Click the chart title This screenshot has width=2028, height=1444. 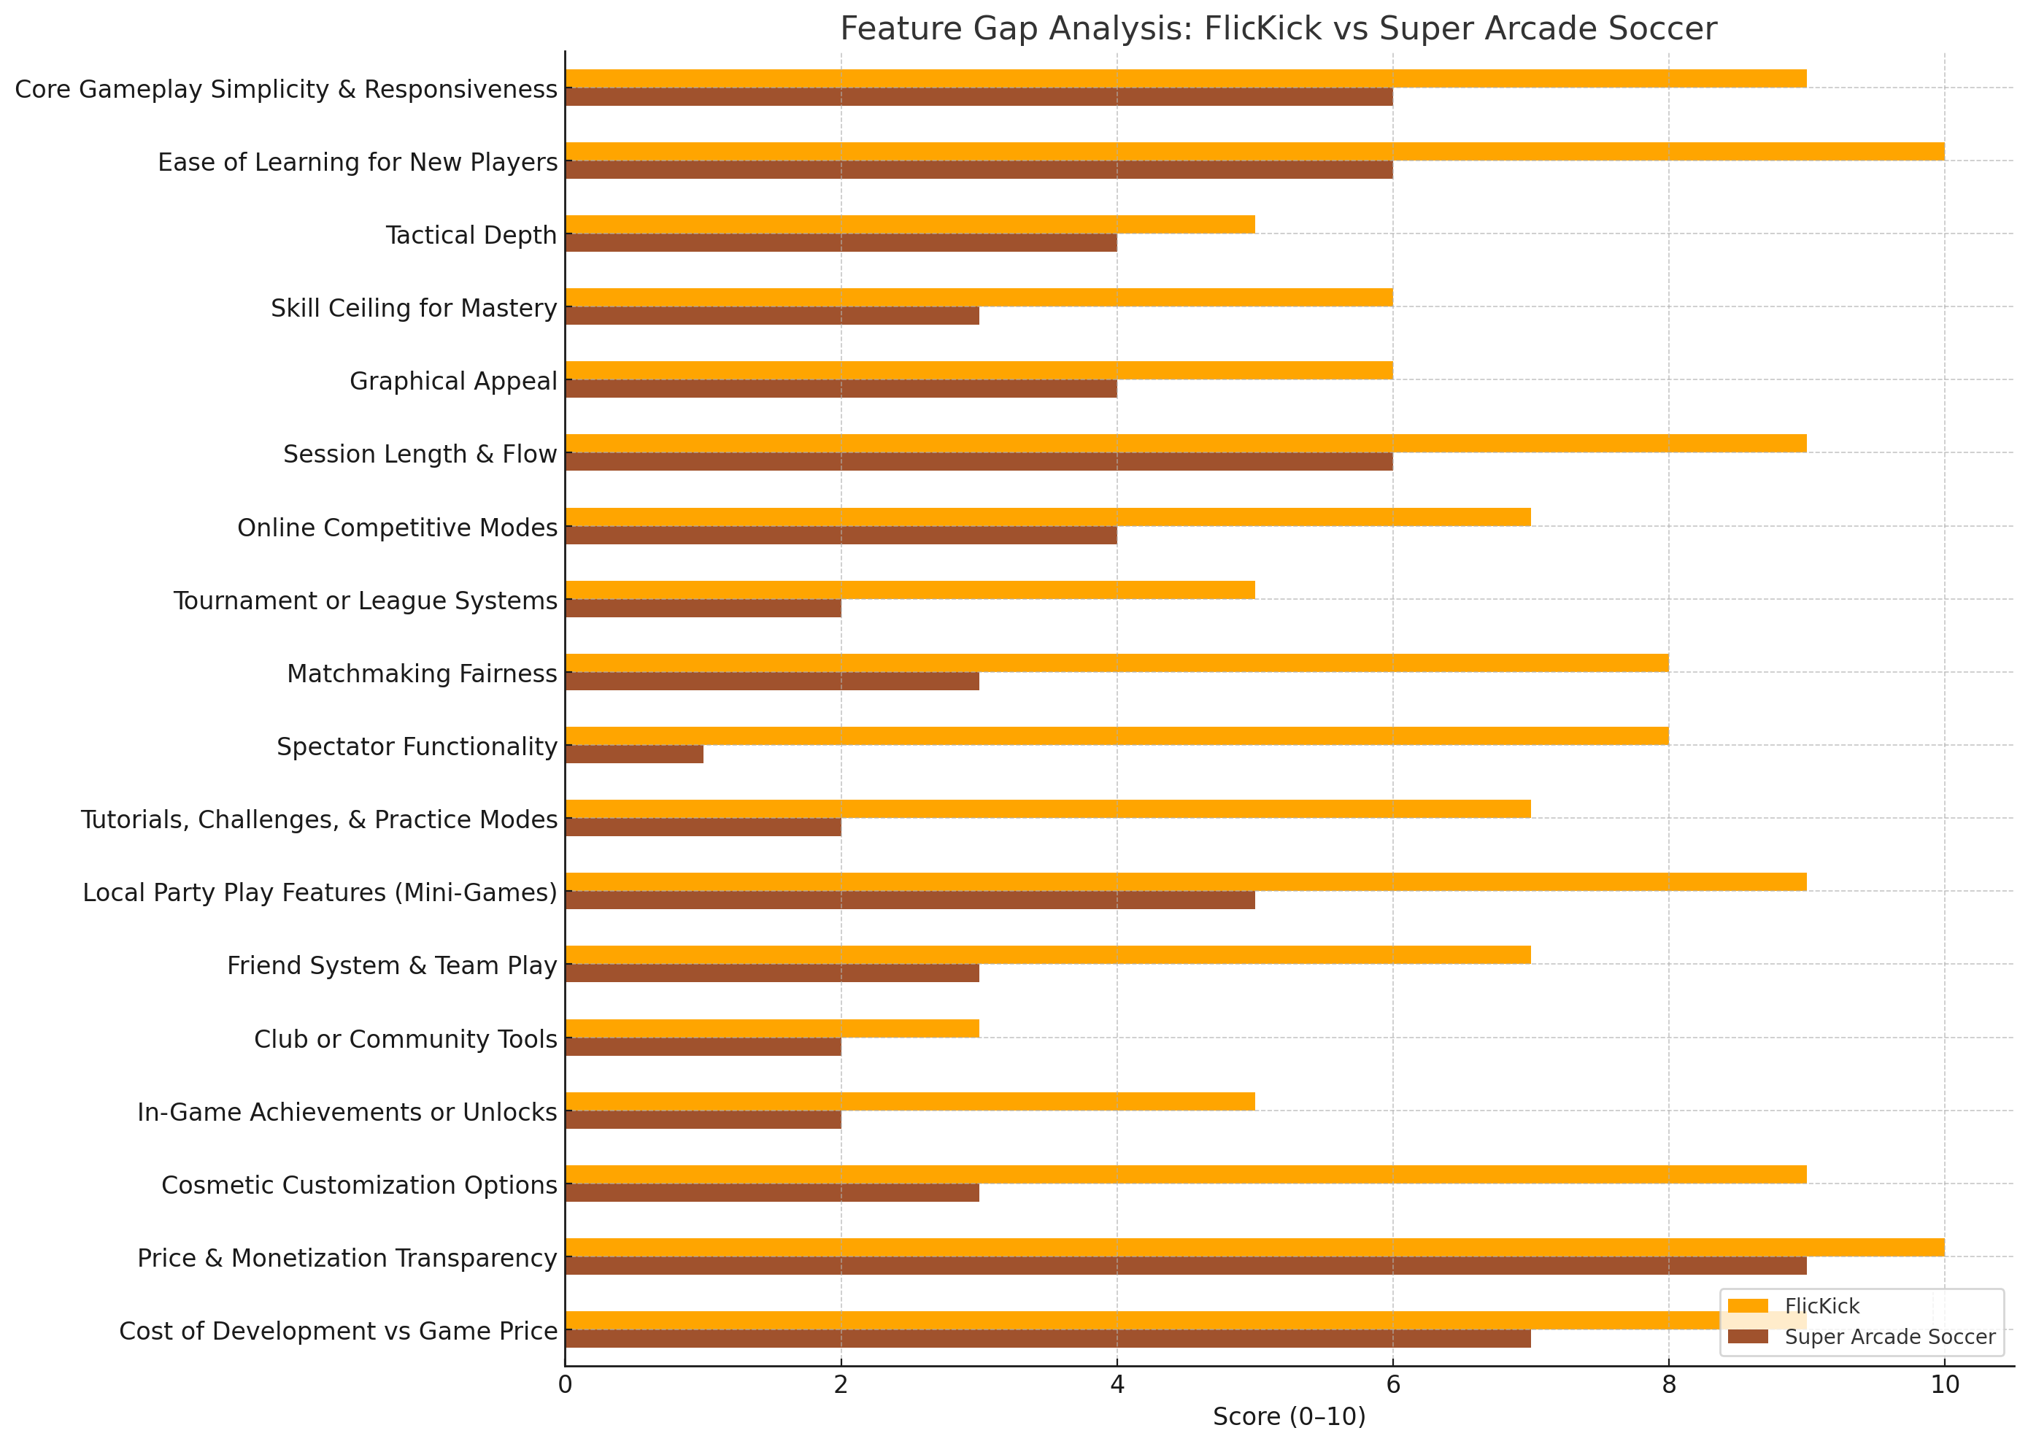pos(1278,29)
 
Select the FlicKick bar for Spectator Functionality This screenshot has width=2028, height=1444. pos(1116,736)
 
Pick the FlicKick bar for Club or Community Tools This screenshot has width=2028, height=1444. pos(772,1029)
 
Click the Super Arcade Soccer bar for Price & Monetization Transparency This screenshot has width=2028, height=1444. pos(1185,1266)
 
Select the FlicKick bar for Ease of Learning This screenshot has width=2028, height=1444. pos(1254,151)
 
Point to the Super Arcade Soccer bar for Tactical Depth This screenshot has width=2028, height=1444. pos(840,243)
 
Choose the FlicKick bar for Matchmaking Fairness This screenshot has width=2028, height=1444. pos(1116,663)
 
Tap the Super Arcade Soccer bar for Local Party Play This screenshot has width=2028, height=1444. pos(909,900)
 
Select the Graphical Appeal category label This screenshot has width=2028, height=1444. pos(452,382)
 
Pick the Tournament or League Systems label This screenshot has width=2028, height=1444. pos(366,601)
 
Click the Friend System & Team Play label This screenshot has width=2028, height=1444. pos(391,965)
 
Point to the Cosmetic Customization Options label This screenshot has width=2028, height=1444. pos(359,1185)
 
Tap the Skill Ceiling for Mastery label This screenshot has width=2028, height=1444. pos(414,309)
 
